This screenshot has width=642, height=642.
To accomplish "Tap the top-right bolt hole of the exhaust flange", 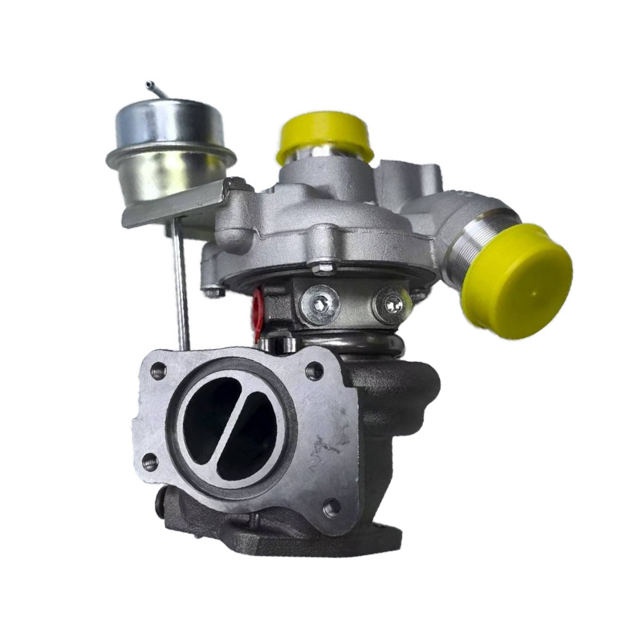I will [x=315, y=372].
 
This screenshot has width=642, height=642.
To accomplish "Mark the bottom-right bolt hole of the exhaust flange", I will [x=329, y=506].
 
